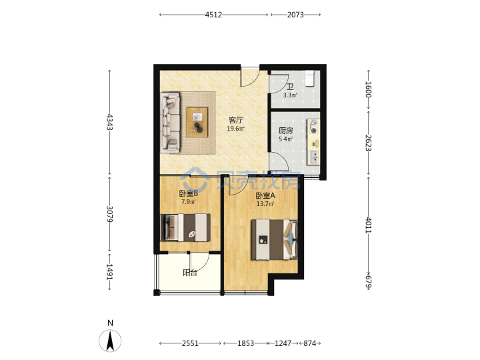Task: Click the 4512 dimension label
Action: [213, 15]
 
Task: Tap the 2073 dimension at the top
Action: [295, 15]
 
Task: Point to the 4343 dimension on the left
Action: [110, 122]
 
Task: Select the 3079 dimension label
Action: [110, 214]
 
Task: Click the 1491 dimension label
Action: [110, 272]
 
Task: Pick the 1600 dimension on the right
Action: [369, 89]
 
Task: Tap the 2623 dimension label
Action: [369, 143]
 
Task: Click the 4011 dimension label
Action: [369, 225]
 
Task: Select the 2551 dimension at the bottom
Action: [190, 343]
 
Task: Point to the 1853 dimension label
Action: [245, 343]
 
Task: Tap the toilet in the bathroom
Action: [310, 79]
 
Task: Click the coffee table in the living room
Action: [197, 122]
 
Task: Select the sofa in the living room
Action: [170, 123]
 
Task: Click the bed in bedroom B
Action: [185, 228]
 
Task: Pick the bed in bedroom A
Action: [274, 239]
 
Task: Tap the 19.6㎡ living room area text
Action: [236, 129]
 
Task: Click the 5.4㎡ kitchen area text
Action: [285, 139]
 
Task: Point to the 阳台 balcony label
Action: [190, 273]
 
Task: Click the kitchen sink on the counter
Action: [314, 157]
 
